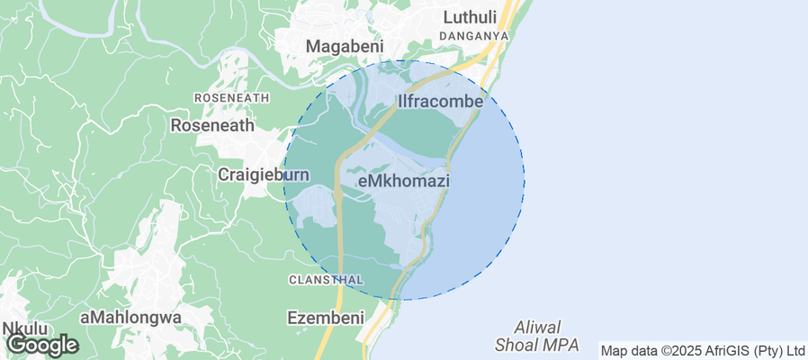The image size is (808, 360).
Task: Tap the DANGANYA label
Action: click(474, 36)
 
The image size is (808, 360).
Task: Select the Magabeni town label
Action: click(345, 46)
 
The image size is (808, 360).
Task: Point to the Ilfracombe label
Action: click(441, 103)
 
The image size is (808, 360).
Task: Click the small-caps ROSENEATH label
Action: click(231, 97)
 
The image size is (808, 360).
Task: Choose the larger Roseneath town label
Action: click(212, 126)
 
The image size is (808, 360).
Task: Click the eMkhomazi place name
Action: click(403, 181)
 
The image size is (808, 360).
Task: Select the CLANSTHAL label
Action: click(326, 280)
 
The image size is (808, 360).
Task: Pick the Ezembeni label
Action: click(325, 318)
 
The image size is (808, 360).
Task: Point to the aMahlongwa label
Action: click(130, 318)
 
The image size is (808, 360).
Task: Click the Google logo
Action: click(41, 344)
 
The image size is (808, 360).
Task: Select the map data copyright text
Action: click(703, 350)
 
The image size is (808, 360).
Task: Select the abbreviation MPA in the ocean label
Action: click(563, 344)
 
